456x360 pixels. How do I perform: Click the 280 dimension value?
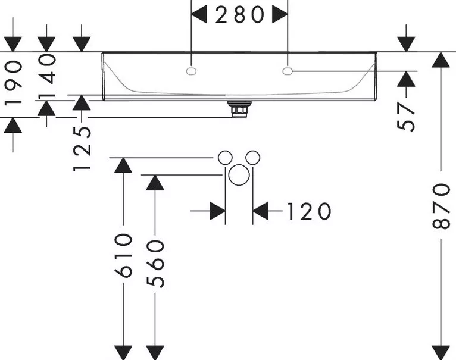coord(240,15)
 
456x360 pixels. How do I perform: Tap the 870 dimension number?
coord(441,206)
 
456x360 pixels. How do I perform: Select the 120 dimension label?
coord(309,211)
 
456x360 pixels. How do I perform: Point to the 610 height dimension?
coord(124,256)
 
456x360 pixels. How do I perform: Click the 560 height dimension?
coord(155,264)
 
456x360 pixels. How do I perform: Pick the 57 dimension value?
coord(405,117)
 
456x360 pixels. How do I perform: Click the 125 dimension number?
coord(82,149)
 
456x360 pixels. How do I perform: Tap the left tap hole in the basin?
coord(190,71)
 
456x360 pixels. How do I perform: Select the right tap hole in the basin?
coord(288,71)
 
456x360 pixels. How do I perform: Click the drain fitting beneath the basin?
coord(239,109)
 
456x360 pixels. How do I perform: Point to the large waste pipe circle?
coord(239,175)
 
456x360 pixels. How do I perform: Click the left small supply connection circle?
coord(225,158)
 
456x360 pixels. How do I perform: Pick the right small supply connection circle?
coord(253,158)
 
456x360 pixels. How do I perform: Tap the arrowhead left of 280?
coord(199,15)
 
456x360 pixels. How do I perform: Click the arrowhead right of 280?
coord(280,15)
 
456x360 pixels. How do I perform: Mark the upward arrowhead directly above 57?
coord(406,79)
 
